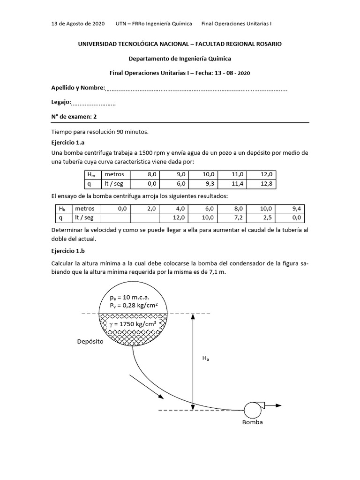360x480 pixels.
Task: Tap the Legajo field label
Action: click(x=61, y=102)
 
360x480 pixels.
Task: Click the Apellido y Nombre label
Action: click(x=78, y=88)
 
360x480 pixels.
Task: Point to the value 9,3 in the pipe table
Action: click(x=210, y=184)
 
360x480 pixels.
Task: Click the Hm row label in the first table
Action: click(x=91, y=174)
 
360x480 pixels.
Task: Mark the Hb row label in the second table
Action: click(x=62, y=209)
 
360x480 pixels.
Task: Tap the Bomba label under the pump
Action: click(x=252, y=422)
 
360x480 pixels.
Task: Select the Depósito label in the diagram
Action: click(x=90, y=342)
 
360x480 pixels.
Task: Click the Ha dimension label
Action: click(x=205, y=359)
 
